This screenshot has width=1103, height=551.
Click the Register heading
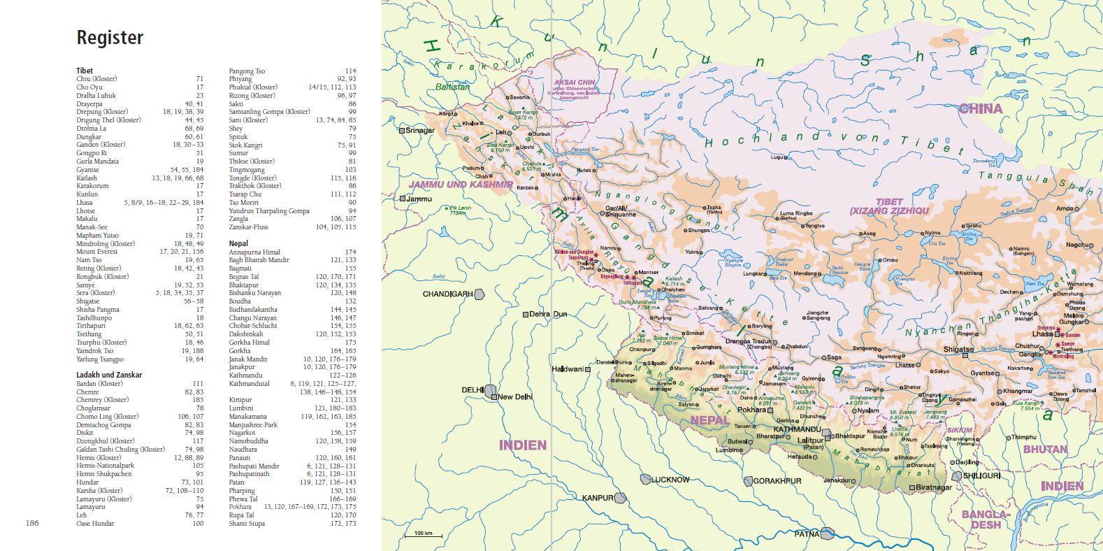110,38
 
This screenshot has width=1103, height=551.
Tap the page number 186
33,523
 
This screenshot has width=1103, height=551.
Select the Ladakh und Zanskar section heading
109,375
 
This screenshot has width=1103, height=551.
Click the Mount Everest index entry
97,252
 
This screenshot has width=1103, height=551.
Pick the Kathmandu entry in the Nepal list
245,375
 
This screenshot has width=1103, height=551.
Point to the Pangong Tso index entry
247,71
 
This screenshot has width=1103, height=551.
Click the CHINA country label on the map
980,108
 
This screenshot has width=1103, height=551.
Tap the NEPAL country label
709,421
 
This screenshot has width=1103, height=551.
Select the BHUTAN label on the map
1045,450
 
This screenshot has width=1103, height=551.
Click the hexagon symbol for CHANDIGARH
480,294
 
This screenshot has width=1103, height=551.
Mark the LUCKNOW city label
670,480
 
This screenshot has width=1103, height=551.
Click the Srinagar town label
419,130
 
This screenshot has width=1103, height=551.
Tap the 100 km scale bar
423,536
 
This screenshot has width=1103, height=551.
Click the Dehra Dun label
548,315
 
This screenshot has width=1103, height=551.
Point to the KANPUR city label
598,498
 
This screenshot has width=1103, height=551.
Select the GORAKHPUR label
777,481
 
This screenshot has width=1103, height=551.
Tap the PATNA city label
807,534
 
